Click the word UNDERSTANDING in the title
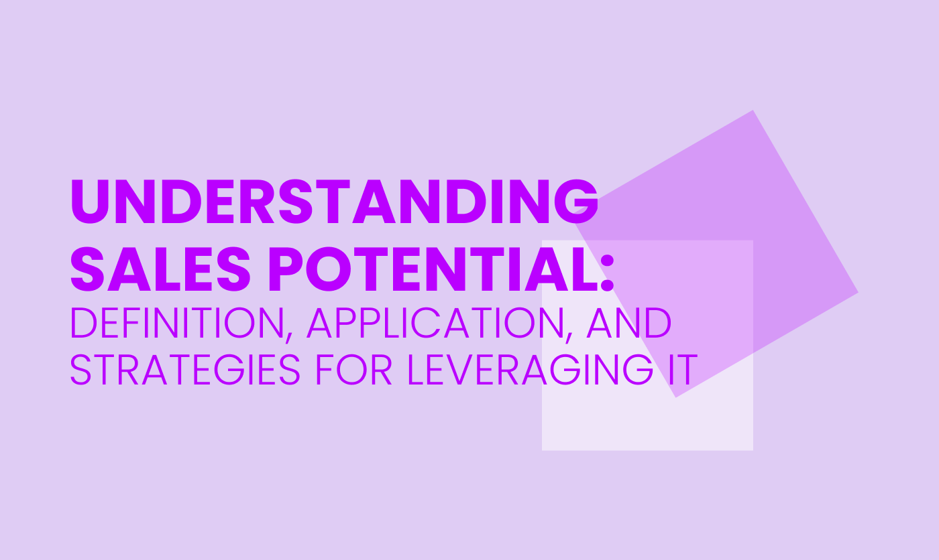335,202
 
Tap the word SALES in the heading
160,269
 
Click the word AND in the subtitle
629,323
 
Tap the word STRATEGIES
185,369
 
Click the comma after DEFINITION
289,336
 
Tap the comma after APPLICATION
569,336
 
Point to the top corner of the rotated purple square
753,111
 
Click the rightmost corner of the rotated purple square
858,293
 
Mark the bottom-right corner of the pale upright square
753,450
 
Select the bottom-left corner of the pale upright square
542,450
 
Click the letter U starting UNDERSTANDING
90,202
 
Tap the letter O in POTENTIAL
328,269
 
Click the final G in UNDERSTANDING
577,202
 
